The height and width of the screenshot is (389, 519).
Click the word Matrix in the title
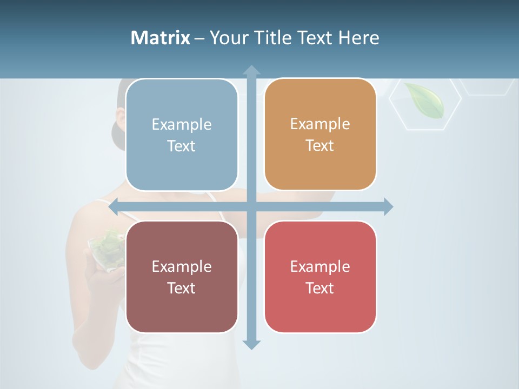tap(161, 38)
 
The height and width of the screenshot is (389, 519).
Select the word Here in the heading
tap(359, 38)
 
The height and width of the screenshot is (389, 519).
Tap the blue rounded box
tap(182, 135)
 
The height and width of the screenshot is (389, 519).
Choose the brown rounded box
tap(182, 277)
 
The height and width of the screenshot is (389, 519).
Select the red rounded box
tap(320, 277)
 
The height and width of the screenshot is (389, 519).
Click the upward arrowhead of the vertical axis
tap(251, 70)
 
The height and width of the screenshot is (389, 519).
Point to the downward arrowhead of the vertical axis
tap(251, 344)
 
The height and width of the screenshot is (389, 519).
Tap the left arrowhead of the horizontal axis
tap(114, 206)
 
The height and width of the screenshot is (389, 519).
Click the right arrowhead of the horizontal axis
tap(388, 206)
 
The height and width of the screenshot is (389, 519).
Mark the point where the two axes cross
tap(251, 206)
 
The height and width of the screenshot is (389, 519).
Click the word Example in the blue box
tap(182, 125)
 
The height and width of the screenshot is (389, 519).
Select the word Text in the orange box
tap(320, 146)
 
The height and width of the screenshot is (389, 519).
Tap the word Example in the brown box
tap(182, 266)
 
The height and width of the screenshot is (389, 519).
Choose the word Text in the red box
tap(320, 288)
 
